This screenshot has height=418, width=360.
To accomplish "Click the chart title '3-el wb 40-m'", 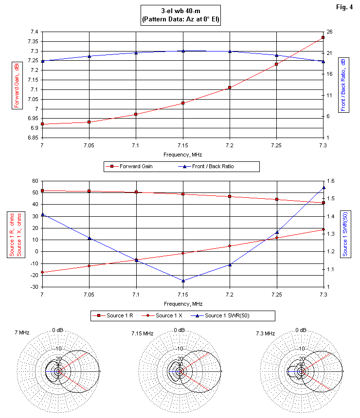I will click(x=180, y=11).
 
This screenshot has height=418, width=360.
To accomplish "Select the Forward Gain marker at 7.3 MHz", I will click(x=323, y=37).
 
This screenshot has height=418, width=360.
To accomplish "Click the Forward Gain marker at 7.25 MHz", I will click(x=276, y=64).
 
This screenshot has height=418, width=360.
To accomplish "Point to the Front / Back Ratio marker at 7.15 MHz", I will click(x=183, y=51).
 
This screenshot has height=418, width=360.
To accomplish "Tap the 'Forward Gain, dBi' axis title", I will click(x=16, y=85).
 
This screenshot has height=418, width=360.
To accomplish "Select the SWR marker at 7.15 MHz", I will click(x=183, y=281).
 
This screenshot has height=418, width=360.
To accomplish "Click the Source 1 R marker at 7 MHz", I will click(x=42, y=191).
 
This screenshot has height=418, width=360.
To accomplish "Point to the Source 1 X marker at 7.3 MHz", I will click(x=323, y=229).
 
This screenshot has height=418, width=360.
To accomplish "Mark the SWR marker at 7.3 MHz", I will click(x=323, y=188).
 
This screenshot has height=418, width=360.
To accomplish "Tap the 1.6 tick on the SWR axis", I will click(x=330, y=181).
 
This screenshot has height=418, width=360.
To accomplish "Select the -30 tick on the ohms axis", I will click(x=35, y=287).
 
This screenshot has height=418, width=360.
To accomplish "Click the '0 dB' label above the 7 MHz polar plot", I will click(x=58, y=330).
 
